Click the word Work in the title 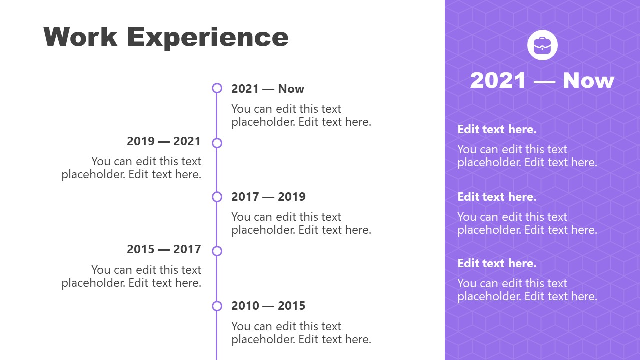coord(80,37)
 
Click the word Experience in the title coord(207,37)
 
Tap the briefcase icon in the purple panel coord(542,45)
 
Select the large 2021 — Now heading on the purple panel coord(542,80)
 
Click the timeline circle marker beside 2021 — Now coord(217,88)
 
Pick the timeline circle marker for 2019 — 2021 coord(217,143)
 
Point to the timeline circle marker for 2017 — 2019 coord(217,197)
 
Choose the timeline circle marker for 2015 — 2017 coord(217,251)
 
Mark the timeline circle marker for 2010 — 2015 coord(217,306)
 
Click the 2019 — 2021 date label coord(164,141)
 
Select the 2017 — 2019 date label coord(268,197)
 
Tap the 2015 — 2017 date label coord(164,249)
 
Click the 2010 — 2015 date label coord(268,306)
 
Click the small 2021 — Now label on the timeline coord(267,89)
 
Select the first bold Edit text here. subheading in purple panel coord(497,129)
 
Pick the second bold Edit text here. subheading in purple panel coord(497,197)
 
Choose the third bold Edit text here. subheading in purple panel coord(497,263)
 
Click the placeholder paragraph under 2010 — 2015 coord(301,333)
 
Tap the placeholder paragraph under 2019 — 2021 coord(132,168)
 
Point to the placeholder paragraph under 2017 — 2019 coord(301,223)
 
